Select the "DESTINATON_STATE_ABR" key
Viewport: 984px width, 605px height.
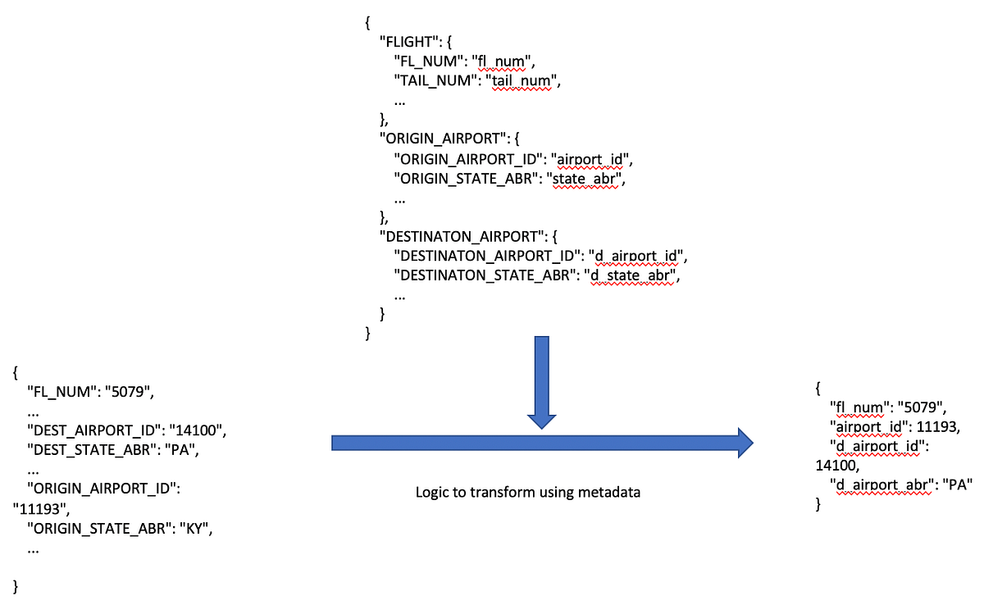point(481,275)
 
